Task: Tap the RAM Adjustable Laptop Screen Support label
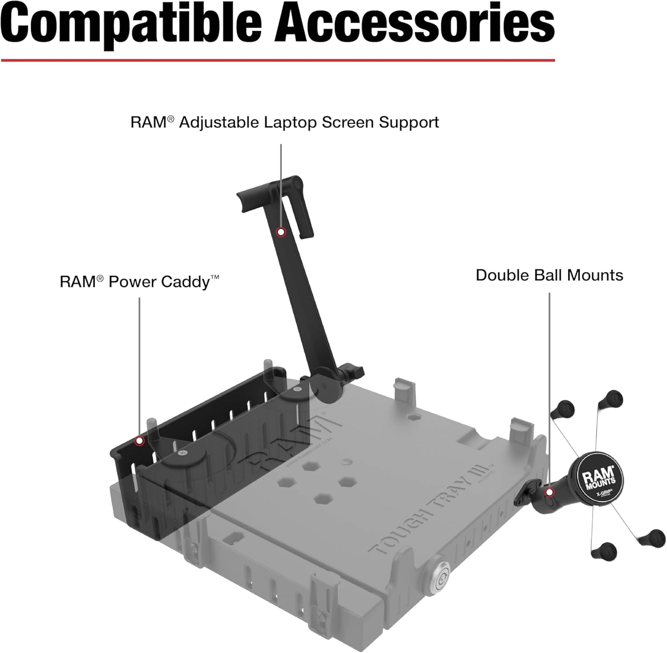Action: (285, 122)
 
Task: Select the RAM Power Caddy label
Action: (140, 282)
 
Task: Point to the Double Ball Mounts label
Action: (549, 275)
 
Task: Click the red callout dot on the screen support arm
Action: (281, 231)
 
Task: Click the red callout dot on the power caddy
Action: (140, 441)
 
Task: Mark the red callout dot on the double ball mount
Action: (549, 492)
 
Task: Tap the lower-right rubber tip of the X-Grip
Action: (652, 538)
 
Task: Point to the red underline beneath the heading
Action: (278, 60)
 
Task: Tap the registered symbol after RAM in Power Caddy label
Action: (100, 278)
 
